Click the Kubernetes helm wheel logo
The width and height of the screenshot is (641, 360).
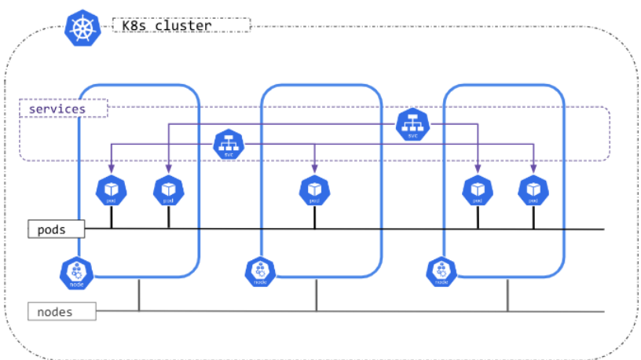point(79,28)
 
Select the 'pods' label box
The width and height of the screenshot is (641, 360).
point(56,230)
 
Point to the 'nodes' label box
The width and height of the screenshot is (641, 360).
point(62,312)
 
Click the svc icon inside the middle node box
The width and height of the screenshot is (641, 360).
point(412,124)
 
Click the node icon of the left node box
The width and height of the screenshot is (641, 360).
point(76,272)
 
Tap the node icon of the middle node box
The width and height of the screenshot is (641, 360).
point(258,272)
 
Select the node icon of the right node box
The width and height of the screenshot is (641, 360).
point(441,272)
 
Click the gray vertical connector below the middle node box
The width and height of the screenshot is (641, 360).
point(317,295)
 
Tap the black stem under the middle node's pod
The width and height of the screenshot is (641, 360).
point(314,217)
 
